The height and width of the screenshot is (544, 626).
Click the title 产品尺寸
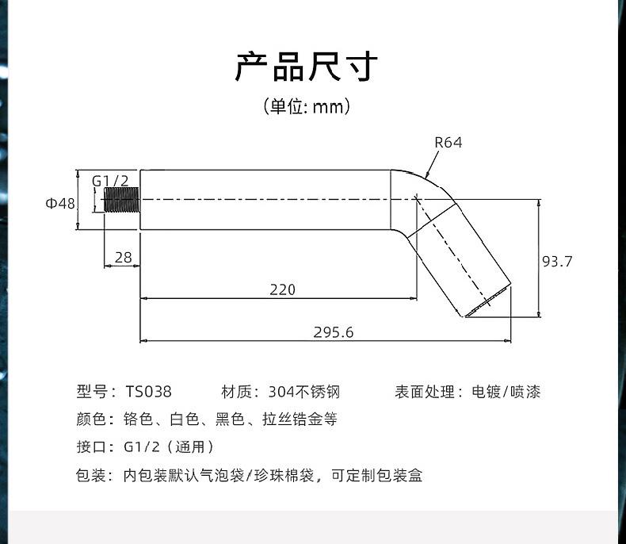tap(307, 67)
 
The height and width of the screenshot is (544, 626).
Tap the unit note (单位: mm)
tap(307, 106)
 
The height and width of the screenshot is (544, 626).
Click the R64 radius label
tap(449, 143)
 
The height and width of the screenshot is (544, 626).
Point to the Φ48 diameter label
tap(60, 203)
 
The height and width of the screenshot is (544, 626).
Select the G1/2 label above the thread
tap(110, 181)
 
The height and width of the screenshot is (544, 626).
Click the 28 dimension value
tap(123, 257)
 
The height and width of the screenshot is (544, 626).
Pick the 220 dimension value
tap(283, 289)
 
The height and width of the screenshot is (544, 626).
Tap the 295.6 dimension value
tap(334, 332)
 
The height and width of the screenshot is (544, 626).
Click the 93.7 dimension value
tap(557, 261)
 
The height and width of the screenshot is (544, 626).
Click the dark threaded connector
tap(121, 199)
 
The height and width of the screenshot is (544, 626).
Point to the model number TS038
tap(148, 392)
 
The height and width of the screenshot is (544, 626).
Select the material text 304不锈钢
tap(303, 392)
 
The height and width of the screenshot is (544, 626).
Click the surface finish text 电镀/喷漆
tap(506, 392)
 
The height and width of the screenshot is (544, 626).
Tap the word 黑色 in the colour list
tap(230, 419)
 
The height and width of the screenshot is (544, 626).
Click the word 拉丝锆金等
tap(300, 419)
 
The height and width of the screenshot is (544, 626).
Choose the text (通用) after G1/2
tap(190, 447)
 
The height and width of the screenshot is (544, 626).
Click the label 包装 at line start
tap(90, 475)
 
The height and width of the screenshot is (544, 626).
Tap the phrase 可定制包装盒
tap(376, 475)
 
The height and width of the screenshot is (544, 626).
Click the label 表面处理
tap(425, 392)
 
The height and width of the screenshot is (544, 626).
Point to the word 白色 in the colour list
tap(184, 419)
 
